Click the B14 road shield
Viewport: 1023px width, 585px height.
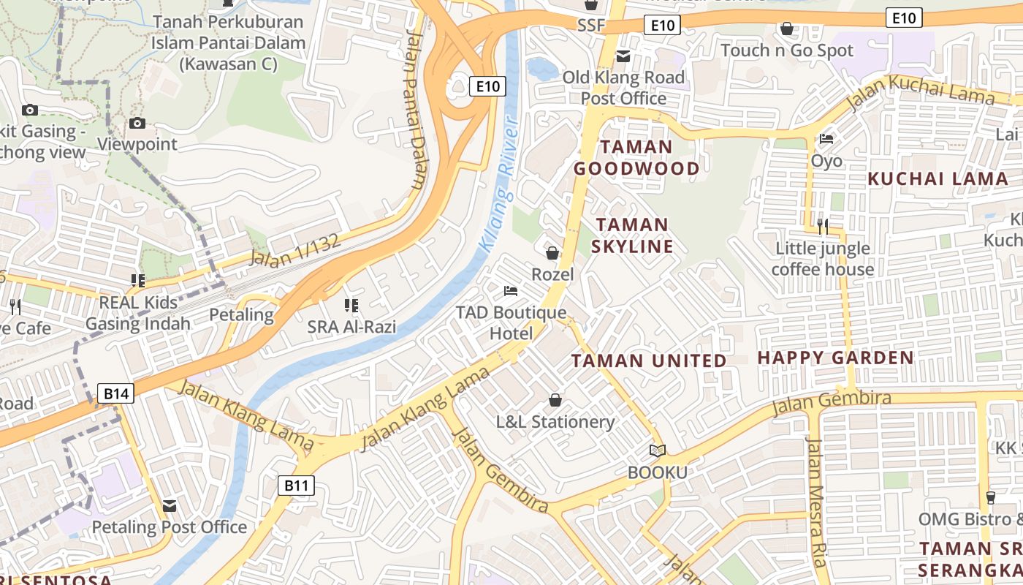116,394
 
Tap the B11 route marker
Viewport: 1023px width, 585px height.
297,485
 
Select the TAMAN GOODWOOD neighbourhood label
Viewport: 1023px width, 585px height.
636,158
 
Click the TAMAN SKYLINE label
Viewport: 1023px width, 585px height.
632,235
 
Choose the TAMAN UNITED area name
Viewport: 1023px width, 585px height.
649,361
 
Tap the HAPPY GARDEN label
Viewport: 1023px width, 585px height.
836,358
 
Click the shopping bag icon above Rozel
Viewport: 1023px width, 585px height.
552,253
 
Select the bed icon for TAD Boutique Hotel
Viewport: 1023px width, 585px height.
511,291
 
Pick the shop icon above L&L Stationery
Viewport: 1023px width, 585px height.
555,400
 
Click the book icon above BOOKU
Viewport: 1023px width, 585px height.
658,450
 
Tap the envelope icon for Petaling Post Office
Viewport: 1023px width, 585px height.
170,505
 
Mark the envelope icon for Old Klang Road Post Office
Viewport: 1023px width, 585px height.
623,56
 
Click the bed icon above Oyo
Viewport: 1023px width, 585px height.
826,138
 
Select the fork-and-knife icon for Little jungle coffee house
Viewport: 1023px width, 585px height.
823,226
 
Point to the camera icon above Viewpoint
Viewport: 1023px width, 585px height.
137,123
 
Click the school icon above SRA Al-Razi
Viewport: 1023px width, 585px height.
351,305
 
